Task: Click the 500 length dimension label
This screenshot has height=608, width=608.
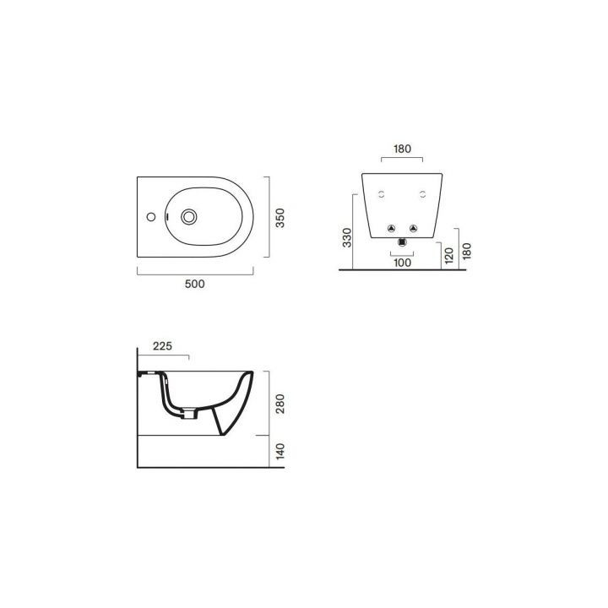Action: [195, 285]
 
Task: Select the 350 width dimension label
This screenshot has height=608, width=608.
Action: [280, 218]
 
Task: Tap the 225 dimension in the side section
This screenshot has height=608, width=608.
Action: [165, 345]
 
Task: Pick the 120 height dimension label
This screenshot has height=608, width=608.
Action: [449, 254]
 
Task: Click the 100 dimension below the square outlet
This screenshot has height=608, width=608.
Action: [402, 263]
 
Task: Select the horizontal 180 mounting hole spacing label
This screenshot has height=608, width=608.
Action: [402, 149]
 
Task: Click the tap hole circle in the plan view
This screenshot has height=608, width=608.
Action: [151, 217]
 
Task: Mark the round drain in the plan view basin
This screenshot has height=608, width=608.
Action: [189, 217]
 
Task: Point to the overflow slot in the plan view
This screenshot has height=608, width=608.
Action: [169, 217]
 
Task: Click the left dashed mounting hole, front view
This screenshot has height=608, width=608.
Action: [382, 194]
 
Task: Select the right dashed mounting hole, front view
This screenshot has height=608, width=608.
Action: [422, 194]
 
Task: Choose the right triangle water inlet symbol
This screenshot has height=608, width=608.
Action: [413, 228]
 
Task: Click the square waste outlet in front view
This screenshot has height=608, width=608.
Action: [402, 243]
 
